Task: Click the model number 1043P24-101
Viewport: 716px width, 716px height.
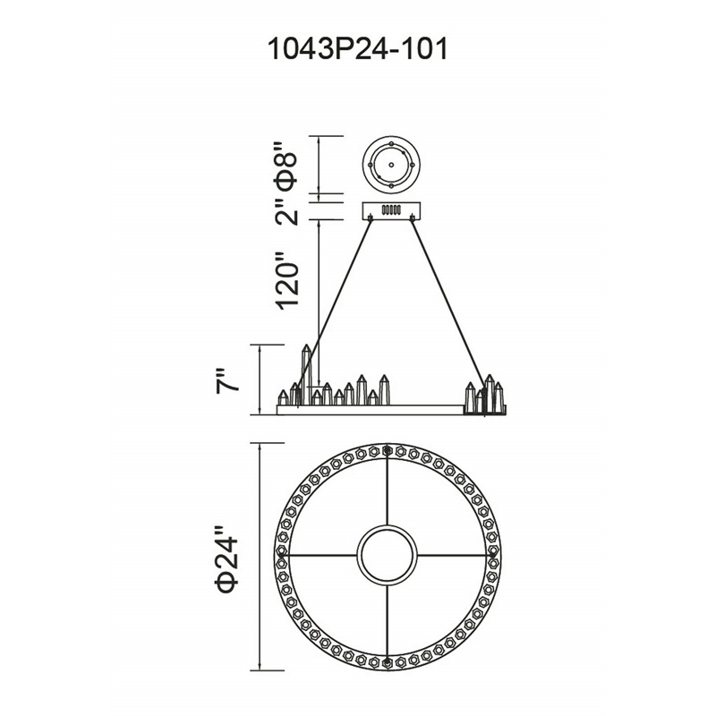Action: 357,49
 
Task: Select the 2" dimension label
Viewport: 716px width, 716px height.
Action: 286,211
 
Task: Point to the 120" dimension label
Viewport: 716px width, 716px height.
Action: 286,280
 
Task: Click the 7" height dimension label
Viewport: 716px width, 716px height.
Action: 226,379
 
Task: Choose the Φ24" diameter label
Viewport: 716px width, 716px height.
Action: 227,558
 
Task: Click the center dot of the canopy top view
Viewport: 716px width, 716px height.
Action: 391,165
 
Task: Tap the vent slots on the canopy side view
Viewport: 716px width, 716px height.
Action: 391,209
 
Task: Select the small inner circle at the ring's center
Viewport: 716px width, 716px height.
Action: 387,556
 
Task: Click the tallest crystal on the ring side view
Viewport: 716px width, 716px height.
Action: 306,374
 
